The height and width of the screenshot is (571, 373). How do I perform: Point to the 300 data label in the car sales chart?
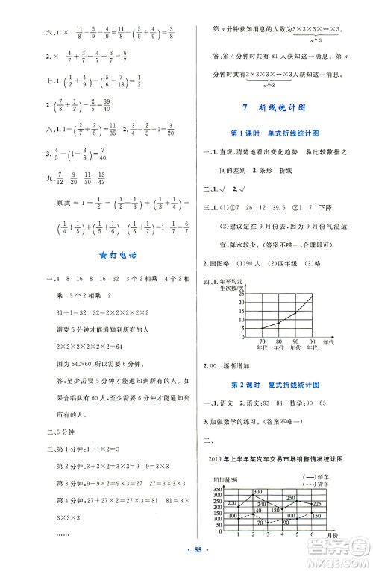257,471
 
